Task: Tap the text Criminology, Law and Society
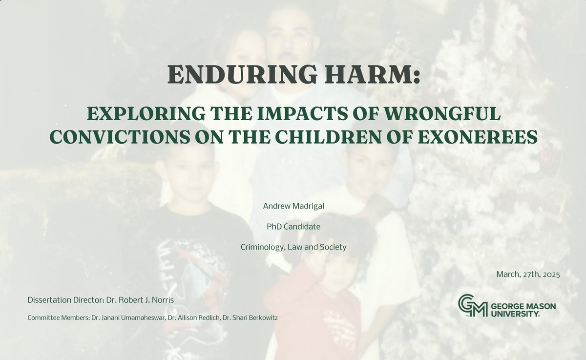click(293, 247)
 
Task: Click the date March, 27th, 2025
click(527, 275)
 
